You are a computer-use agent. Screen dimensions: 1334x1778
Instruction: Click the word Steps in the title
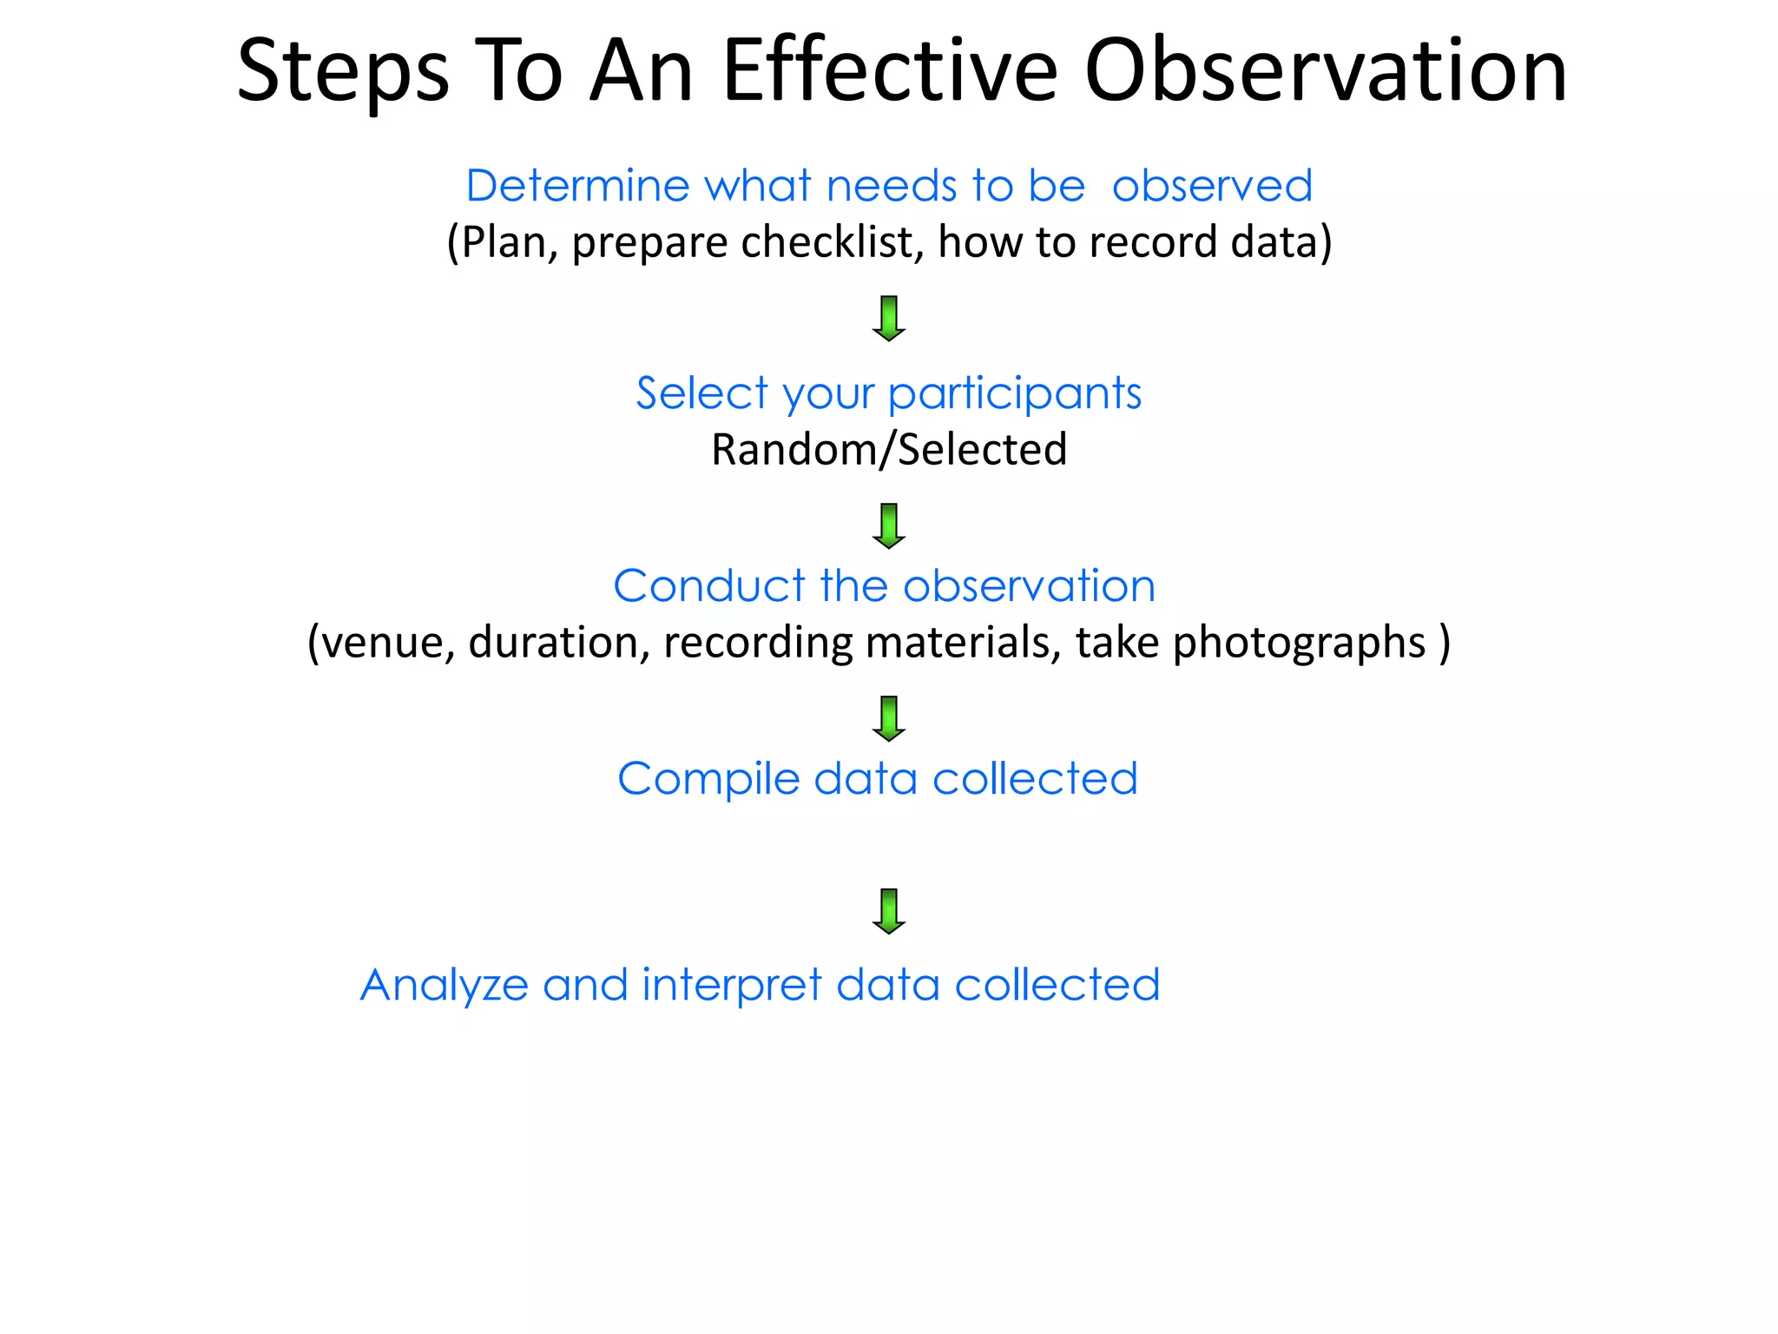pyautogui.click(x=342, y=71)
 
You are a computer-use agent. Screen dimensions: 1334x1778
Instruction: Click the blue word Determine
pyautogui.click(x=577, y=186)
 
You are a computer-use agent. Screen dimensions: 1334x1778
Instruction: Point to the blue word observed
pyautogui.click(x=1212, y=186)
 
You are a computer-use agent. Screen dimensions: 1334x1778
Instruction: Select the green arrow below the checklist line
pyautogui.click(x=888, y=318)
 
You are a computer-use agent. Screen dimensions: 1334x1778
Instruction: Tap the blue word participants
pyautogui.click(x=1014, y=394)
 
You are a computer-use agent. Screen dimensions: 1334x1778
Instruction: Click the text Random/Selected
pyautogui.click(x=889, y=450)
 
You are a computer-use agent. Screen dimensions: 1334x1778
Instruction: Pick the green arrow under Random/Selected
pyautogui.click(x=888, y=525)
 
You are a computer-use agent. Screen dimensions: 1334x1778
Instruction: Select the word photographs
pyautogui.click(x=1299, y=644)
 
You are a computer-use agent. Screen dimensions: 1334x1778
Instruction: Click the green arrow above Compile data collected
pyautogui.click(x=888, y=718)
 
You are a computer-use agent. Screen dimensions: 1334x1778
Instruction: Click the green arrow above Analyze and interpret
pyautogui.click(x=888, y=911)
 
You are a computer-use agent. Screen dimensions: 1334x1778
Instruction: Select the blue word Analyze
pyautogui.click(x=444, y=986)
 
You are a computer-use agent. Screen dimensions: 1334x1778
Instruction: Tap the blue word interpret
pyautogui.click(x=731, y=986)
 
